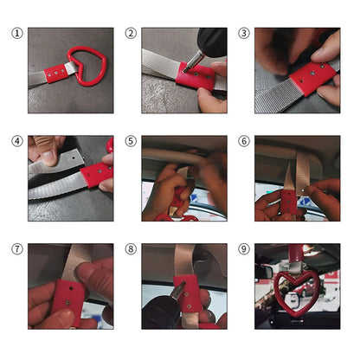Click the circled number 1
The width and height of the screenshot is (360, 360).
17,34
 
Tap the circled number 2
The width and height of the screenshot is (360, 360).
131,34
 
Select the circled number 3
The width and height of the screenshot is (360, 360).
244,34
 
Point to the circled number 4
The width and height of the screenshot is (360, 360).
17,141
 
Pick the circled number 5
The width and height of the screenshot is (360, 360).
131,141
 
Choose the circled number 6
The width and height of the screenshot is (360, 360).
244,141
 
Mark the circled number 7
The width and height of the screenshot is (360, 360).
17,249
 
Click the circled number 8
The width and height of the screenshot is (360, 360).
131,249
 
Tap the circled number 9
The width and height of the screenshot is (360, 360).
244,249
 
